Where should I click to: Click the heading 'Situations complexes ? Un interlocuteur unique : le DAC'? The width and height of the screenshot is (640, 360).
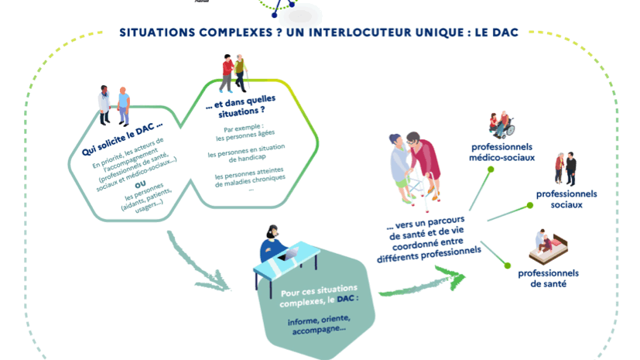319,33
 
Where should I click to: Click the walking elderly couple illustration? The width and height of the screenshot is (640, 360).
234,74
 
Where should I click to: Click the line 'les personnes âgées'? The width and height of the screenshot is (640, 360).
245,134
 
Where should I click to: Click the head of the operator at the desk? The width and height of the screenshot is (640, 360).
272,231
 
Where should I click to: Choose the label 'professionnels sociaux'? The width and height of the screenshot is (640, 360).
566,199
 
